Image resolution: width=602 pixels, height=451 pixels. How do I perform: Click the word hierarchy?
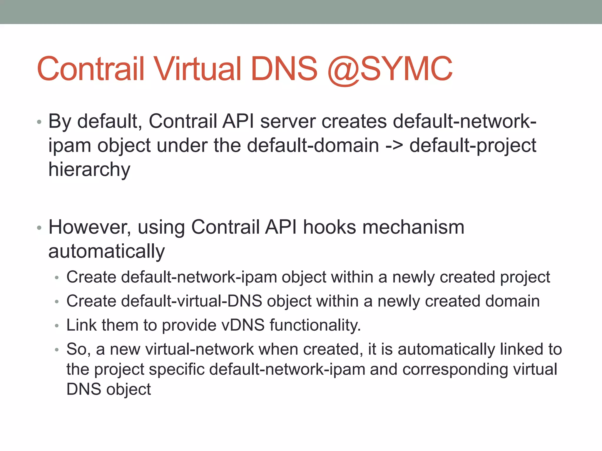[x=89, y=170]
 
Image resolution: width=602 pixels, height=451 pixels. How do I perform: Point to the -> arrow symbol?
[x=394, y=146]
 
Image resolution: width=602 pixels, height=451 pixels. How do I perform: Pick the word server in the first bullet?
[x=288, y=121]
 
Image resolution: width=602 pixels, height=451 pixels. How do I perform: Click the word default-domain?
[x=313, y=145]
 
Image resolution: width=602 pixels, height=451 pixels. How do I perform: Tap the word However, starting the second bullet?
[x=90, y=228]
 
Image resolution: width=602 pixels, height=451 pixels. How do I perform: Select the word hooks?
[x=329, y=227]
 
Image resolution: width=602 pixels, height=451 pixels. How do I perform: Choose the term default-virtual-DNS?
[x=164, y=301]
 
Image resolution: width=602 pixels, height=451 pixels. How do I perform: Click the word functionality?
[x=315, y=325]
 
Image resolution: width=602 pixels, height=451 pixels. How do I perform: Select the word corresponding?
[x=455, y=369]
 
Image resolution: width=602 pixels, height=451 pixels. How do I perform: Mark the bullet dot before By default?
[x=39, y=122]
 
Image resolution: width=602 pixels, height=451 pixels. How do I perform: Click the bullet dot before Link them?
[x=57, y=326]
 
